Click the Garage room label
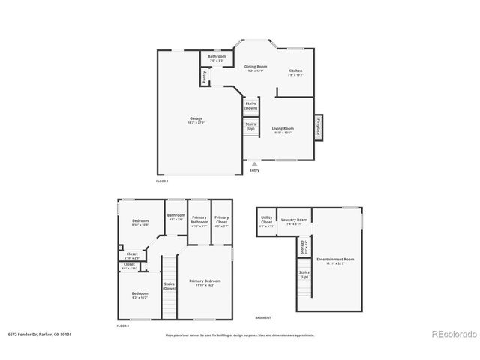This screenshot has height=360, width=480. (x=196, y=119)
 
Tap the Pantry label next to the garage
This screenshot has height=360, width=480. (x=204, y=76)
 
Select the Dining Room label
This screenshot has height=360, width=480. (x=256, y=68)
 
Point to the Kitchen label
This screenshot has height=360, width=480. (x=295, y=72)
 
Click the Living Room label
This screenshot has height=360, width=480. (x=283, y=130)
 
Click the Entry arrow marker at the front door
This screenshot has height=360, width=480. (x=254, y=163)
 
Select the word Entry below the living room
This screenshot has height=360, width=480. (x=254, y=171)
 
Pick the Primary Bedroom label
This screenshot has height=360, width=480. (x=204, y=281)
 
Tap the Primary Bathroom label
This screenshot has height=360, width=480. (x=199, y=220)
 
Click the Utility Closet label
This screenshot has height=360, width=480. (x=267, y=222)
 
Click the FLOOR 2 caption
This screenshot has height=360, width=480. (x=123, y=326)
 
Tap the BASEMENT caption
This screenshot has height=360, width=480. (x=263, y=317)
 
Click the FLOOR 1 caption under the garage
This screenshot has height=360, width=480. (x=162, y=181)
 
